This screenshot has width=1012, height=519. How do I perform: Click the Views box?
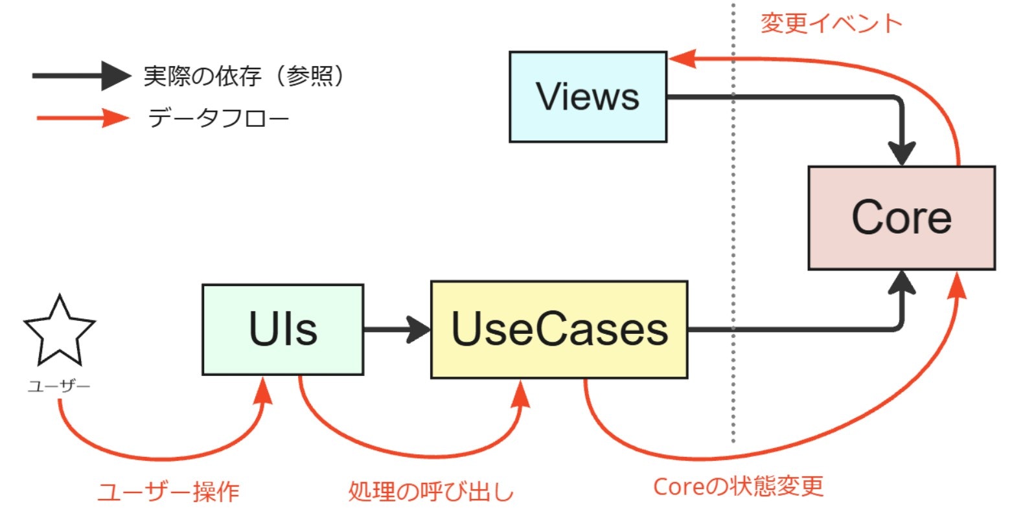pos(588,97)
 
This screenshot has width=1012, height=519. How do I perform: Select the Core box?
pos(901,217)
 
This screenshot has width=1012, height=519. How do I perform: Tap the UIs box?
pos(282,329)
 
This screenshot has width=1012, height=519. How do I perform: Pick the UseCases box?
pos(559,329)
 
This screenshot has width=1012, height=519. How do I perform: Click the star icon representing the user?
pos(60,332)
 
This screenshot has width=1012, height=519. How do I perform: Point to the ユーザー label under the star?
pos(59,387)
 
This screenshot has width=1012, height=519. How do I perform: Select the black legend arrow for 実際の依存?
pos(81,76)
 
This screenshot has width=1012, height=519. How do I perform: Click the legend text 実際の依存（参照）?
pos(244,76)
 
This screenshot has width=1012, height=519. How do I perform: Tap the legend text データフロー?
pos(218,118)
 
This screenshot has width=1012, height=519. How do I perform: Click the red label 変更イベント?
pos(831,24)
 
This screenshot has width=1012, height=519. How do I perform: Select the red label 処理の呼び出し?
pos(431,492)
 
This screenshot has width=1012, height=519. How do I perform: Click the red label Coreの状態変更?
pos(738,487)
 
